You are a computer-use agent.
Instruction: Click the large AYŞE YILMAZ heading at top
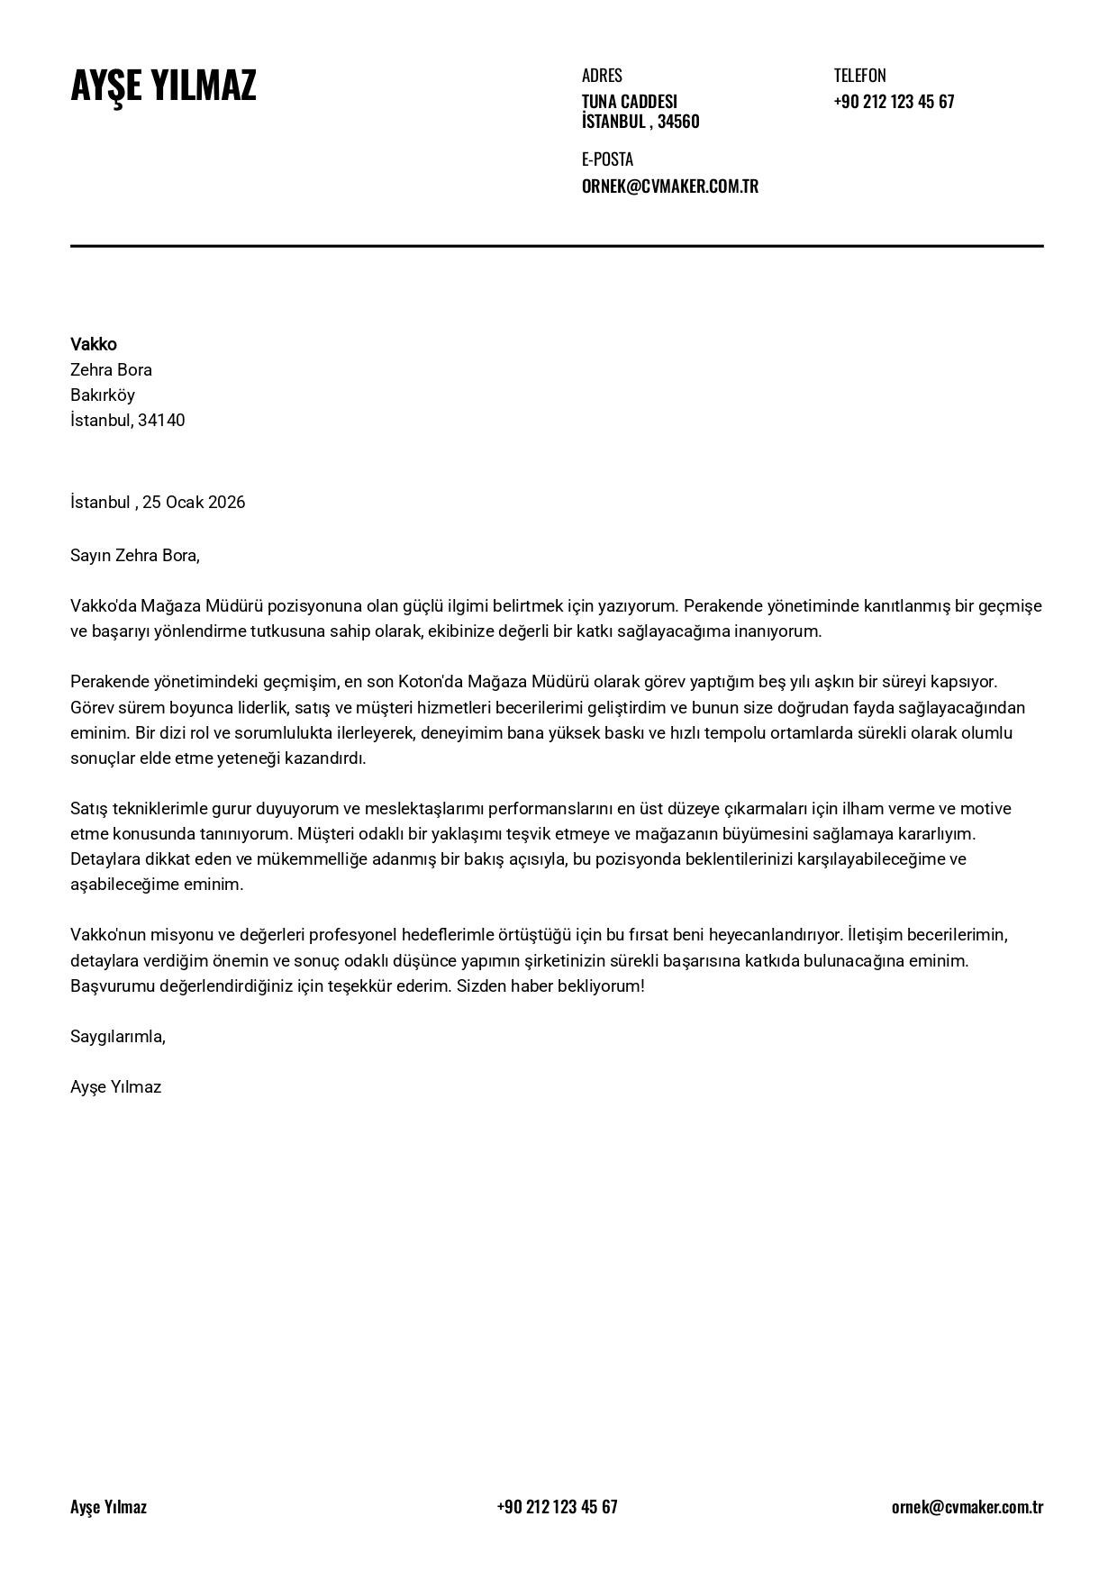(163, 86)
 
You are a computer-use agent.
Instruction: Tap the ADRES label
(602, 76)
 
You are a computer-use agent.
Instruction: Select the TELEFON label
(859, 76)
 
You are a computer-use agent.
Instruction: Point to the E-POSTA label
(607, 159)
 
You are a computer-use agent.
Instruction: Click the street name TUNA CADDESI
(629, 101)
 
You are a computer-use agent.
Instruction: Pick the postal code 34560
(678, 122)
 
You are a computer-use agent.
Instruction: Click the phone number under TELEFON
(894, 101)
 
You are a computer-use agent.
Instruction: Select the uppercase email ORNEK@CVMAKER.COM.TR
(669, 186)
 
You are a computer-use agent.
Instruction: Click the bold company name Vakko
(94, 344)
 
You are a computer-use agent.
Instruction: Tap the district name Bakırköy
(103, 395)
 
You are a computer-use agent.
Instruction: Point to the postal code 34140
(161, 420)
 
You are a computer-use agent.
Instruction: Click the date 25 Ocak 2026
(194, 502)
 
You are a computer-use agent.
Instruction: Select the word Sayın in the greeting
(90, 555)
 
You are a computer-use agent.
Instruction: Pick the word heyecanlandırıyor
(774, 934)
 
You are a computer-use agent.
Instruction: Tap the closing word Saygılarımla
(117, 1036)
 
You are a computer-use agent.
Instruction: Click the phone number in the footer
(557, 1506)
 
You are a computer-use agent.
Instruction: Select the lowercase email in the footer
(967, 1506)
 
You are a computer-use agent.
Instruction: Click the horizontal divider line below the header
(557, 245)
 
